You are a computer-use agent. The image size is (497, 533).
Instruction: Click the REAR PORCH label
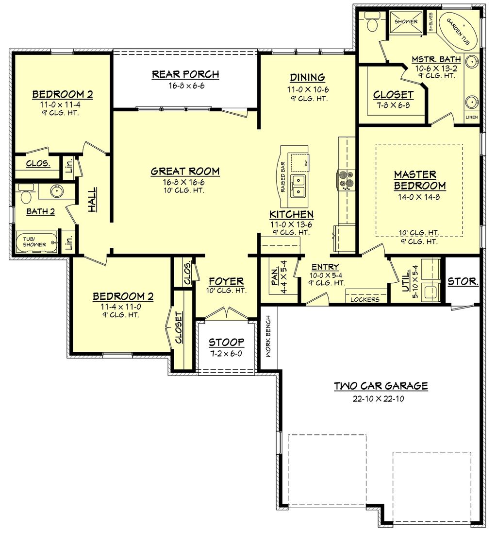tap(185, 74)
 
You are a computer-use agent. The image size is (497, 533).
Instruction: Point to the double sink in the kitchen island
tap(298, 185)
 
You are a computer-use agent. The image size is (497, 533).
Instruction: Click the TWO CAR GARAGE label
tap(381, 386)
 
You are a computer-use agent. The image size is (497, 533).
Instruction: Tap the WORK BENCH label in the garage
tap(267, 337)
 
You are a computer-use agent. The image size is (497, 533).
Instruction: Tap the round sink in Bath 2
tap(57, 190)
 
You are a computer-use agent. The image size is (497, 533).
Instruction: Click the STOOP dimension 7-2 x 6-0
tap(226, 354)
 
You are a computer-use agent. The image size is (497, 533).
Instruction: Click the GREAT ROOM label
tap(185, 171)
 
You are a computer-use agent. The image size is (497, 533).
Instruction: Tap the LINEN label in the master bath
tap(472, 118)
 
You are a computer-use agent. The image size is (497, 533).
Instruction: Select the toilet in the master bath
tap(373, 23)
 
